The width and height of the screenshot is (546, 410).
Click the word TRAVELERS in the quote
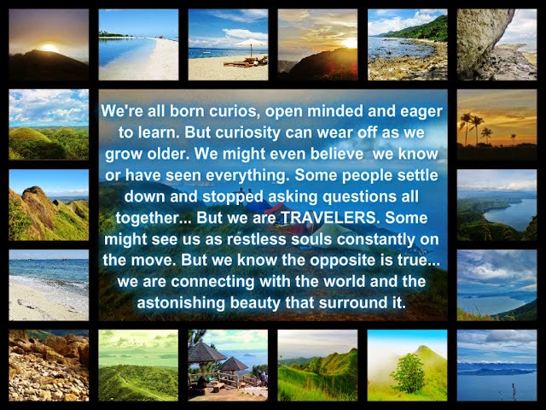(x=328, y=218)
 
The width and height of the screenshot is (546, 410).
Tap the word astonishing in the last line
(x=181, y=302)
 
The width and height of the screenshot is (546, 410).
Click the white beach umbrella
(x=251, y=44)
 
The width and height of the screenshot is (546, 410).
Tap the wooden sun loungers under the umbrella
(x=246, y=62)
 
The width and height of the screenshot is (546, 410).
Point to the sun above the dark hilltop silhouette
(x=49, y=48)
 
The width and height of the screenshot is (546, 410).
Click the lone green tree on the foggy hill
(x=409, y=372)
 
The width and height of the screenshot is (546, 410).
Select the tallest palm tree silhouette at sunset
(x=466, y=128)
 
